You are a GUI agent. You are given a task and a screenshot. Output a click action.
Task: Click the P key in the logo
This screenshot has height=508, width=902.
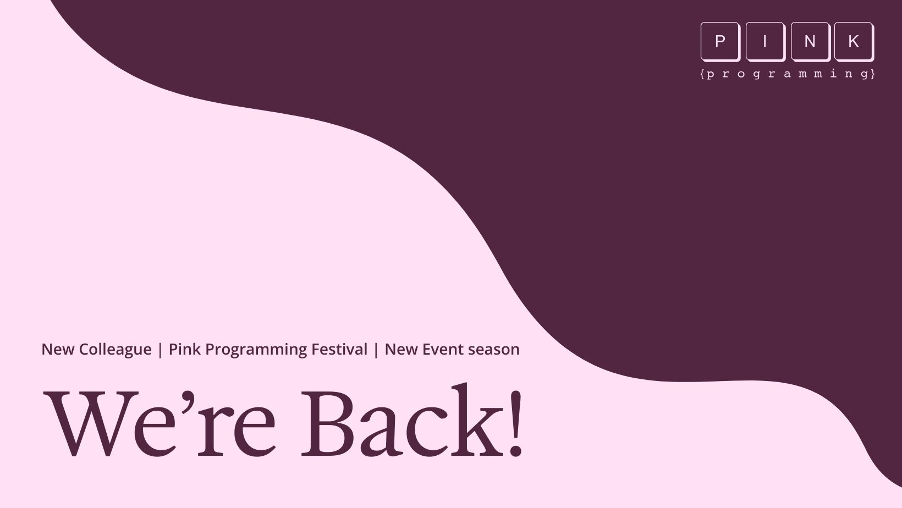[721, 41]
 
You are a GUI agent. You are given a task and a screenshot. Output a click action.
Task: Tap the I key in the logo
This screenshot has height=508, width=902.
[766, 41]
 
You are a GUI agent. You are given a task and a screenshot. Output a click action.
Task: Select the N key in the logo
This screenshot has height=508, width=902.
[811, 41]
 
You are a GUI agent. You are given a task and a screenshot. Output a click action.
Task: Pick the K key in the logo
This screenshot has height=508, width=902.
[854, 41]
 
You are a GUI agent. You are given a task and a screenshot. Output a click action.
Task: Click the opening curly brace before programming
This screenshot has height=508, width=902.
[702, 74]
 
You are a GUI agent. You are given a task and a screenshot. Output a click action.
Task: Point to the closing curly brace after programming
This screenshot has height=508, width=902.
[873, 74]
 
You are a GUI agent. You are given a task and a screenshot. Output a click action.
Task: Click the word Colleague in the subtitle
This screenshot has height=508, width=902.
[115, 350]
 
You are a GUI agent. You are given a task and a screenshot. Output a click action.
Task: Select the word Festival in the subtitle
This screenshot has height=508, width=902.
[339, 349]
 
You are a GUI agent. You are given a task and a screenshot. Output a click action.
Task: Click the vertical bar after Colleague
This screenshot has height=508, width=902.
[160, 350]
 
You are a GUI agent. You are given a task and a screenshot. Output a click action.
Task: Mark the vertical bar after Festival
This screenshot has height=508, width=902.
[376, 350]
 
